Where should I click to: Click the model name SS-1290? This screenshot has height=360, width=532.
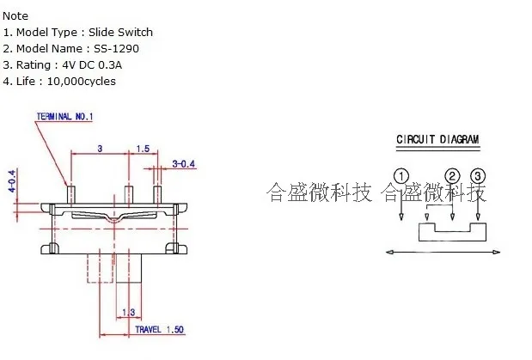[x=116, y=48]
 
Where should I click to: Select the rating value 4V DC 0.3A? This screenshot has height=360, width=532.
[x=92, y=64]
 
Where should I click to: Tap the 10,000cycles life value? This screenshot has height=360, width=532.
[x=82, y=82]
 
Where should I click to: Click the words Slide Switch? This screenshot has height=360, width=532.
[x=120, y=33]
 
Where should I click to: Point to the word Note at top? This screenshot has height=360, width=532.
[x=15, y=16]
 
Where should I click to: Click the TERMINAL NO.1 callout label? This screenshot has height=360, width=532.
[x=64, y=117]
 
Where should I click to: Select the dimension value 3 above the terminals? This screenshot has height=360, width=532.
[x=100, y=149]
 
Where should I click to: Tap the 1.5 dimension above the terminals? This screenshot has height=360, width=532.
[x=143, y=149]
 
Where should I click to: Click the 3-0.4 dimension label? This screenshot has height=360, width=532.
[x=184, y=164]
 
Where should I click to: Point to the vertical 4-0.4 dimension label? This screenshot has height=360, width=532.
[x=12, y=181]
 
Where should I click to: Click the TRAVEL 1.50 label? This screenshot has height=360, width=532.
[x=160, y=329]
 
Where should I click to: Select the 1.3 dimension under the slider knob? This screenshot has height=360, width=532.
[x=129, y=312]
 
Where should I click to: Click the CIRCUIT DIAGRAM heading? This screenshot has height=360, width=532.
[x=437, y=139]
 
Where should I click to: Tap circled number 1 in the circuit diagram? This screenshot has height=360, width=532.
[x=401, y=176]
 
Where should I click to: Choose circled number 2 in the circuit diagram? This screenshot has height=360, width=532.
[x=452, y=176]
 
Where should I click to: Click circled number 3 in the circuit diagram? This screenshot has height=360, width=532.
[x=478, y=176]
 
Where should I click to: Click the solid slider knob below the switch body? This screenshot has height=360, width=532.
[x=129, y=268]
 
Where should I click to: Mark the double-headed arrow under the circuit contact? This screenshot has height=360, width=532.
[x=443, y=252]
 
